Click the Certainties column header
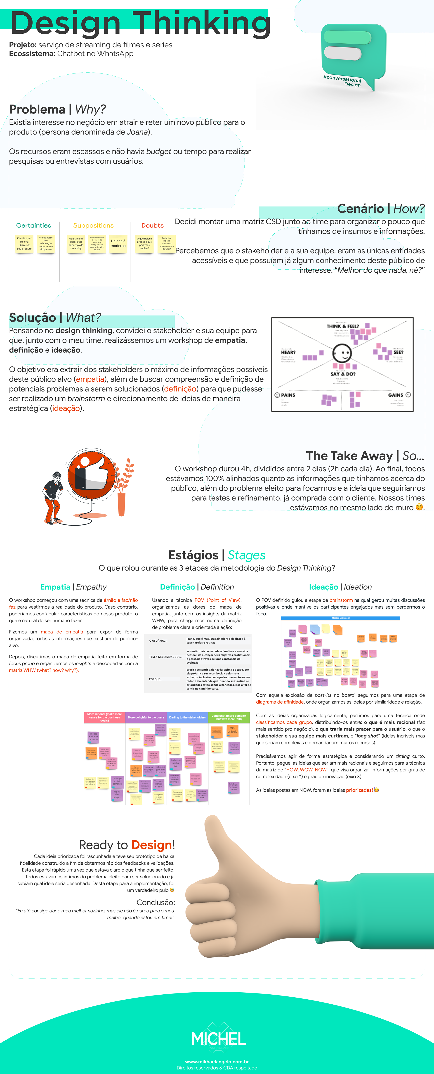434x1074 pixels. coord(33,225)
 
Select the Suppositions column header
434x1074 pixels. coord(93,225)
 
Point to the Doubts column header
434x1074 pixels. coord(152,225)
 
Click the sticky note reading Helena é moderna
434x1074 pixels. coord(118,244)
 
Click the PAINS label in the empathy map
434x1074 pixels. coord(288,395)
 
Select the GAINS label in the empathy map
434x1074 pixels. coord(396,395)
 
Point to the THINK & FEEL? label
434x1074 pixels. coord(343,326)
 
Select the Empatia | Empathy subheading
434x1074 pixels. coord(73,587)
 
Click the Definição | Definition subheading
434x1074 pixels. coord(197,587)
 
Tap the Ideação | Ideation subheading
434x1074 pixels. coord(340,587)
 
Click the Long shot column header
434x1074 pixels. coord(229,717)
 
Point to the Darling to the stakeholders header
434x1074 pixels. coord(187,717)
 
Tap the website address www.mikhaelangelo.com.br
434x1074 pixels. coord(217,1062)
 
